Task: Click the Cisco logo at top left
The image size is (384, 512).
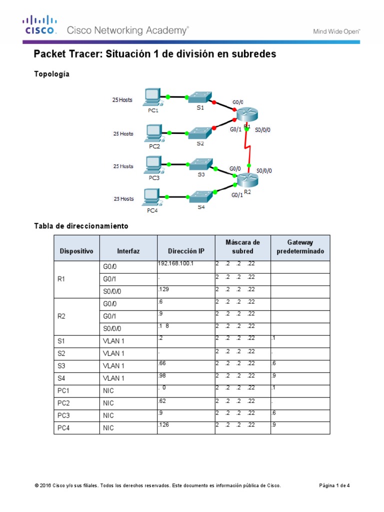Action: (38, 25)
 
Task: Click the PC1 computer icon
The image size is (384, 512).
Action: (151, 97)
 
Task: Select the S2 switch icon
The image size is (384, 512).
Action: (200, 132)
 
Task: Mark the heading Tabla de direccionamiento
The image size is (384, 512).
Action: (81, 226)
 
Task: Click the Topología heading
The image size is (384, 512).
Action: (51, 74)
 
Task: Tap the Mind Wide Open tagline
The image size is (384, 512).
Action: (336, 31)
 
